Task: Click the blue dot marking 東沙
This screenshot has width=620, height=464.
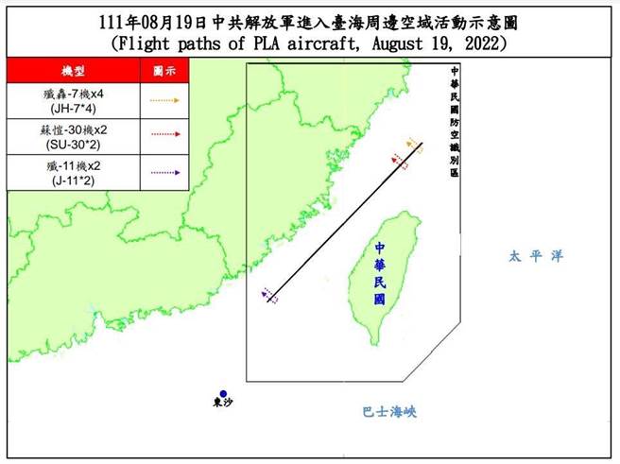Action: coord(223,394)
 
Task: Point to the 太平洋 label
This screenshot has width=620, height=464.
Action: coord(527,256)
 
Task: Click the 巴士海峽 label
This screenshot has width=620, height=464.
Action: coord(389,411)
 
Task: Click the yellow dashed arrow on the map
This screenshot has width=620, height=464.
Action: coord(413,144)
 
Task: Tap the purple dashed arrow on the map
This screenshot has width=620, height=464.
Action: coord(269,296)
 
